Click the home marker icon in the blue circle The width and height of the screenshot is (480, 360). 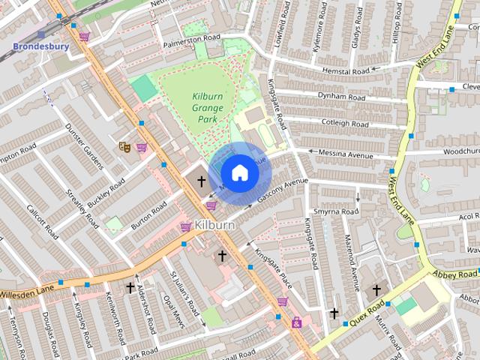tap(239, 172)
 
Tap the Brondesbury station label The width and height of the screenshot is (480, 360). tap(40, 46)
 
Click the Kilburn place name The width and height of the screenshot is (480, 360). tap(215, 224)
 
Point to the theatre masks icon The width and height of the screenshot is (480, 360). tap(124, 147)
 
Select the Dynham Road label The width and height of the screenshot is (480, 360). tap(341, 97)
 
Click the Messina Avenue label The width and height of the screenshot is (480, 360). tap(346, 155)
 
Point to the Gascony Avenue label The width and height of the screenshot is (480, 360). tap(283, 189)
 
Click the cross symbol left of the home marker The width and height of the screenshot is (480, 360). tap(202, 181)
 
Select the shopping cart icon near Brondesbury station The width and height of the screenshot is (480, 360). tap(85, 36)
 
